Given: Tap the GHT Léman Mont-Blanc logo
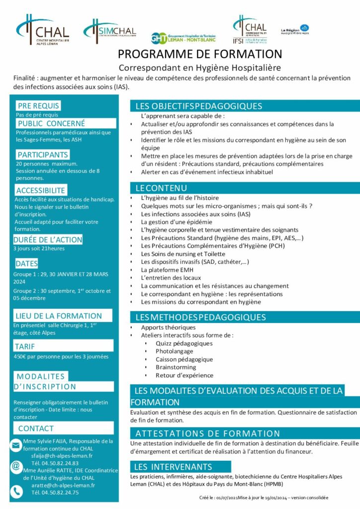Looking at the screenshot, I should pos(183,38).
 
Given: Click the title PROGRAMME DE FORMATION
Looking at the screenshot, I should pos(200,54).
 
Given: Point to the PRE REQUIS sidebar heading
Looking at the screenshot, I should pos(38,105).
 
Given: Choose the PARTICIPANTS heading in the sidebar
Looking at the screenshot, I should pos(43,155).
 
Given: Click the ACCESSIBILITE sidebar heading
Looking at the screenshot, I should pos(41,190).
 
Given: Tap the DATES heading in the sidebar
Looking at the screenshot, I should pos(26,263).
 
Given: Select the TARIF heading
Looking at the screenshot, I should pos(25,346).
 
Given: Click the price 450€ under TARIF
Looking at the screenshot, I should pos(20,356).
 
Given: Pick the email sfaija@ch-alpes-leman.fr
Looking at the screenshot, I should pos(62,455).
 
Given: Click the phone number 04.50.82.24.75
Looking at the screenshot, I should pos(55,493).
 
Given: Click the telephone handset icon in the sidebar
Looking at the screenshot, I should pos(16,491).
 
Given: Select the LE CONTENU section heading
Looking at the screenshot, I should pos(161,188).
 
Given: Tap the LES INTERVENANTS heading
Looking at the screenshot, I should pos(173,467).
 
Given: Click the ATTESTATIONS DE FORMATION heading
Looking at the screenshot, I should pos(208,433).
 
